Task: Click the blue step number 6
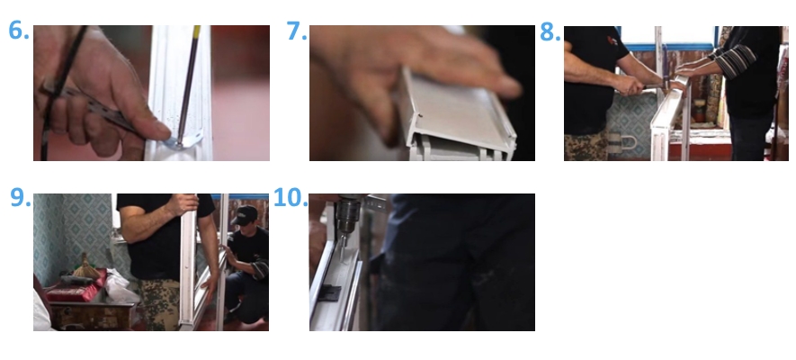click(19, 31)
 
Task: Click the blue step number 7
click(297, 31)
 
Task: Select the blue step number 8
click(550, 31)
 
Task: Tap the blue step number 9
click(21, 197)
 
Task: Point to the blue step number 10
click(291, 197)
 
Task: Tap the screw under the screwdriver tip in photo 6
click(179, 145)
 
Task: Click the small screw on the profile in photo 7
click(420, 116)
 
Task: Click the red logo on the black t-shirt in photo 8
click(613, 40)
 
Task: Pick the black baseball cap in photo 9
click(246, 215)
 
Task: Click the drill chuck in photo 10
click(348, 219)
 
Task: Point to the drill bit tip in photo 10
click(344, 259)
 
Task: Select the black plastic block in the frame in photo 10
click(330, 293)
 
